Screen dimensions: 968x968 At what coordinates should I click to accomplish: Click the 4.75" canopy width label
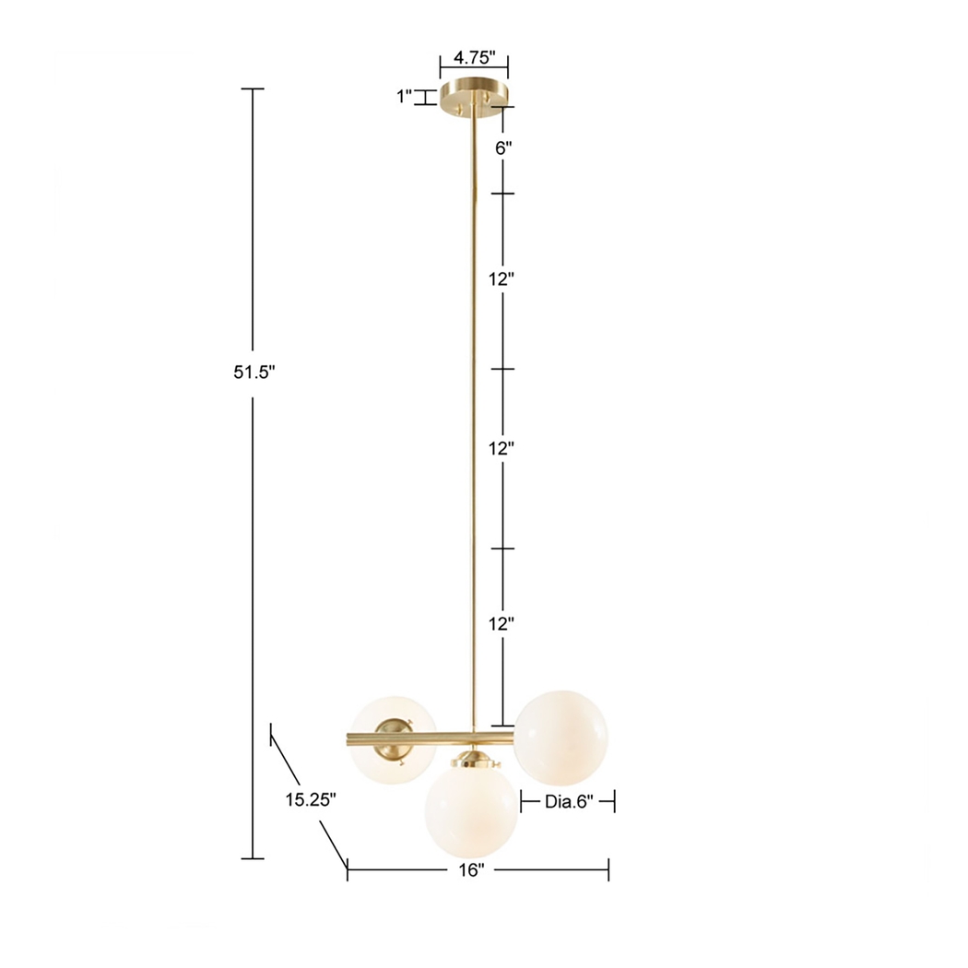474,57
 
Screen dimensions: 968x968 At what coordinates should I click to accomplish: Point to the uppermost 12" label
502,280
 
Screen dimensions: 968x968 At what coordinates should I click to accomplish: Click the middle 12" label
502,450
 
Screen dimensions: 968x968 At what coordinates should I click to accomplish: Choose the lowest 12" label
502,623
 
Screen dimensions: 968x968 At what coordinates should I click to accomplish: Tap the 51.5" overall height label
254,372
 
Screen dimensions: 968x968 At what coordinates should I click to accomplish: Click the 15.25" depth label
309,800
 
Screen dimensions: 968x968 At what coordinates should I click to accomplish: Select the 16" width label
470,870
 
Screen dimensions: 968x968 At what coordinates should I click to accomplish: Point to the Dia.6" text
566,802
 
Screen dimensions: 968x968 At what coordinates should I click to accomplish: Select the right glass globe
561,735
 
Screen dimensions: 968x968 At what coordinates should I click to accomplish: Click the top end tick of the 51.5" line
253,89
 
